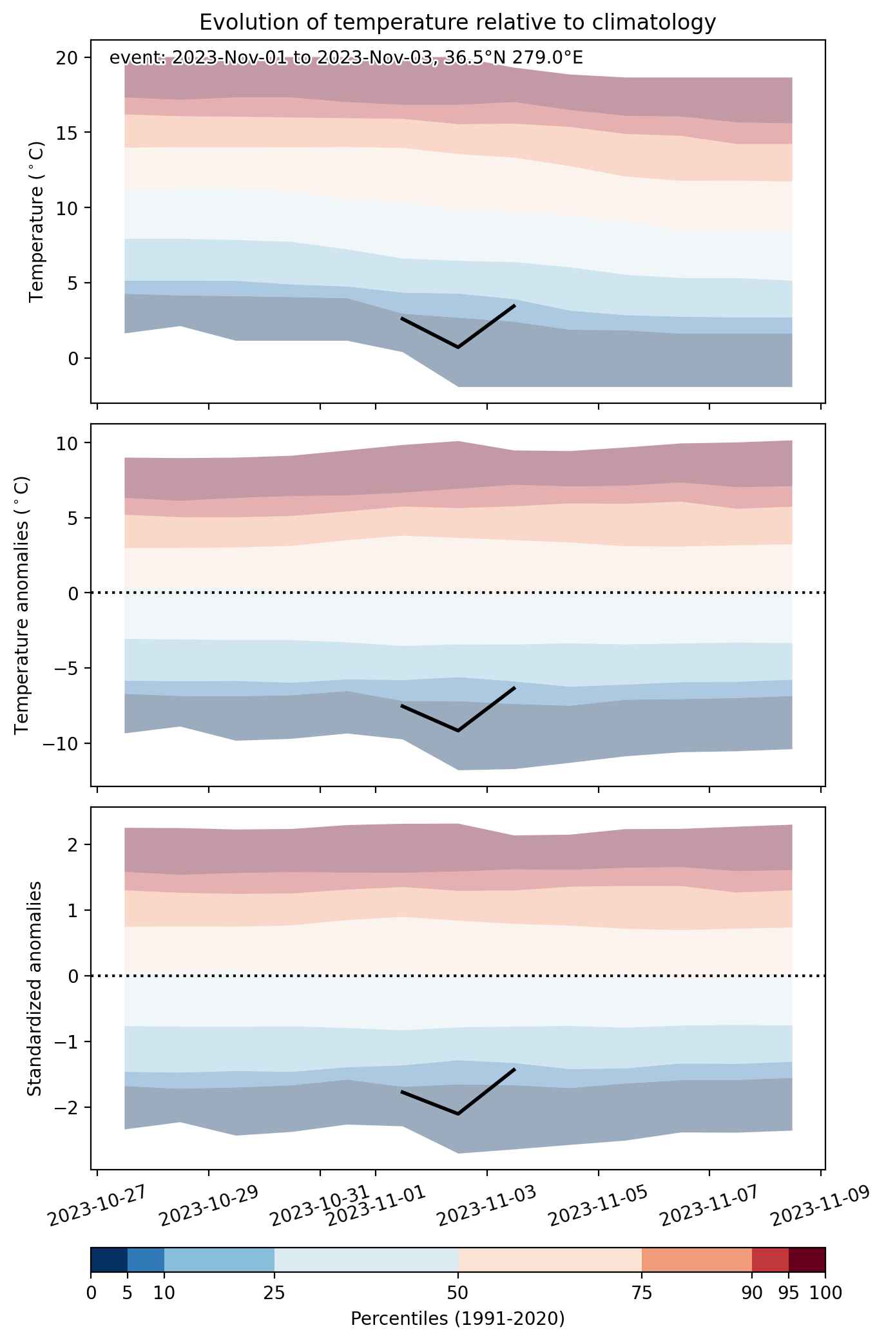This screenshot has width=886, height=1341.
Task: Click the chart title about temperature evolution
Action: [x=457, y=23]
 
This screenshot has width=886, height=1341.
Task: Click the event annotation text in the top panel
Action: [x=346, y=58]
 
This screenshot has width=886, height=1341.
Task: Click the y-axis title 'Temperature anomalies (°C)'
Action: [x=22, y=605]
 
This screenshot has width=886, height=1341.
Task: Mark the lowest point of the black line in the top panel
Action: [x=458, y=347]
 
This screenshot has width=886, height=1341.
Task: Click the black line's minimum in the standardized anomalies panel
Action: [x=458, y=1114]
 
